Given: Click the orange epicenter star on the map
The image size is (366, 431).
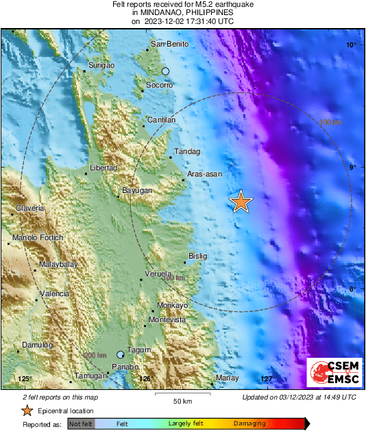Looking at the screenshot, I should point(241,202).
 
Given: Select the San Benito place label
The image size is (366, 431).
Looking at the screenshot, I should point(169,44).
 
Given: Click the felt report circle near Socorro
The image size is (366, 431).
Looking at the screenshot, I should point(165,71).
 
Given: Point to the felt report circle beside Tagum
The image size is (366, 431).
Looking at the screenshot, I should point(121,355).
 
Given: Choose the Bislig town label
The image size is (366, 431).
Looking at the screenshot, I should point(197,257).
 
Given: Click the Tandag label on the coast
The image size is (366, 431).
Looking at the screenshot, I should point(187,151).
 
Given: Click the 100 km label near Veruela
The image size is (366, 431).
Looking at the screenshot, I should point(173,278).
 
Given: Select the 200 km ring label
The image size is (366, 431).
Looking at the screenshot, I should point(95,355).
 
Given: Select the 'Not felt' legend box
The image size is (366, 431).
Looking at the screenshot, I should point(80,424).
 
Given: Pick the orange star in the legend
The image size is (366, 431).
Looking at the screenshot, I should point(27,410).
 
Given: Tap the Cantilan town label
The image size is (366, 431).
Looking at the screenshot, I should point(162,120).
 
